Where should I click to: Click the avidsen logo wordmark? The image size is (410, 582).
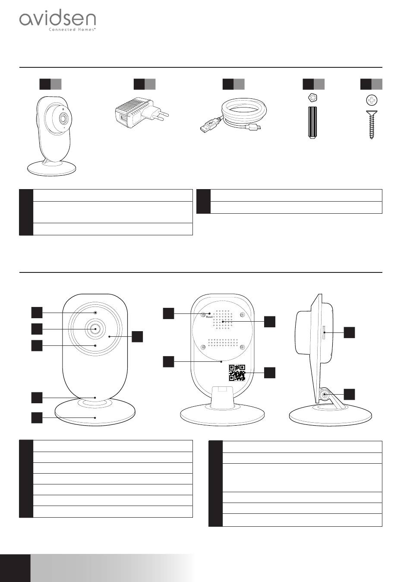coord(57,19)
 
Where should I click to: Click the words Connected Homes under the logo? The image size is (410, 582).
coord(72,30)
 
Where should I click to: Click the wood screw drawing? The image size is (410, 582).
coord(371,125)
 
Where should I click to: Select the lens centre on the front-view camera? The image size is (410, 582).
coord(95,329)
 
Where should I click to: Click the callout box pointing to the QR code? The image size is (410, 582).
coord(269,373)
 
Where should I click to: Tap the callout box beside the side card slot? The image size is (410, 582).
coord(350,332)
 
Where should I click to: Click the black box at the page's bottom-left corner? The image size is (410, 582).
coord(15,568)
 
